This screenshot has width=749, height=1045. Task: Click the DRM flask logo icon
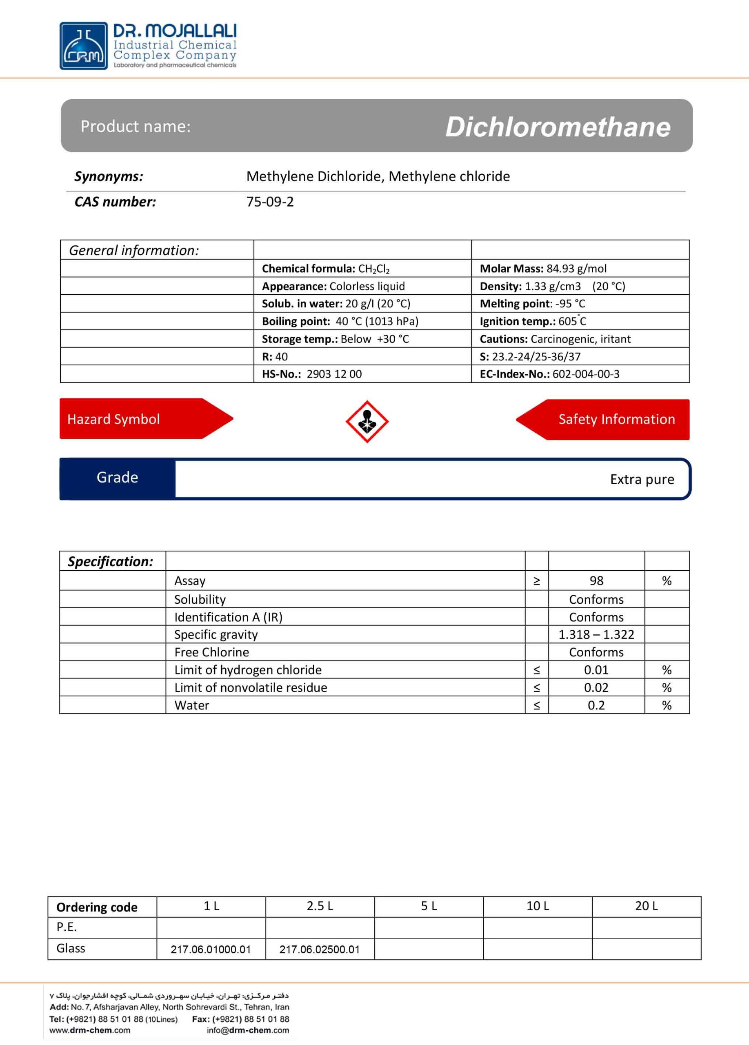[x=83, y=46]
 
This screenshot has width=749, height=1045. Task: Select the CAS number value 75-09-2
[x=270, y=202]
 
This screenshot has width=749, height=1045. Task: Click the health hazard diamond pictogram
[x=367, y=422]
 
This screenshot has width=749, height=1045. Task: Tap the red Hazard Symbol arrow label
[x=138, y=419]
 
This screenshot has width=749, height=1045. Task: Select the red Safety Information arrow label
[x=608, y=419]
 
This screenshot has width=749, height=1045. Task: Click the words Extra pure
[x=642, y=479]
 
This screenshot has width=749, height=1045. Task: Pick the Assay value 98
[x=596, y=580]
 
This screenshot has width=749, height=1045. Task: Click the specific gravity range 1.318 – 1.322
[x=596, y=634]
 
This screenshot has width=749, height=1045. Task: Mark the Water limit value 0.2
[x=596, y=705]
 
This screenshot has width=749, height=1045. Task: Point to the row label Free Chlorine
[x=211, y=652]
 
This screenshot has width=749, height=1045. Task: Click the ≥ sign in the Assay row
[x=537, y=581]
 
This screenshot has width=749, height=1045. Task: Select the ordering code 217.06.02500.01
[x=319, y=949]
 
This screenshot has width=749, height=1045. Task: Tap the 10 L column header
[x=538, y=906]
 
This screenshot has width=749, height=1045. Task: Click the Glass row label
[x=71, y=948]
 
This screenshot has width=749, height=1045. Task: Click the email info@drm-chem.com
[x=248, y=1030]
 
